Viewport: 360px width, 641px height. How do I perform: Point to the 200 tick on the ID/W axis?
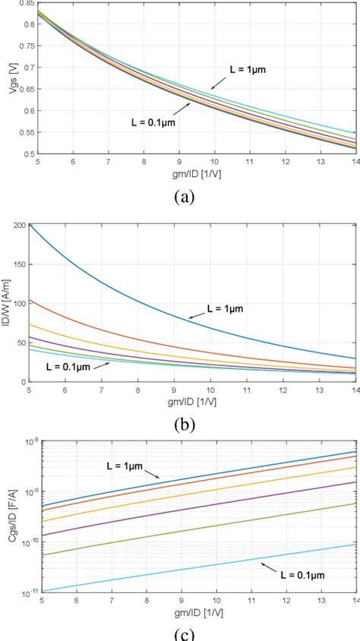pos(18,225)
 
